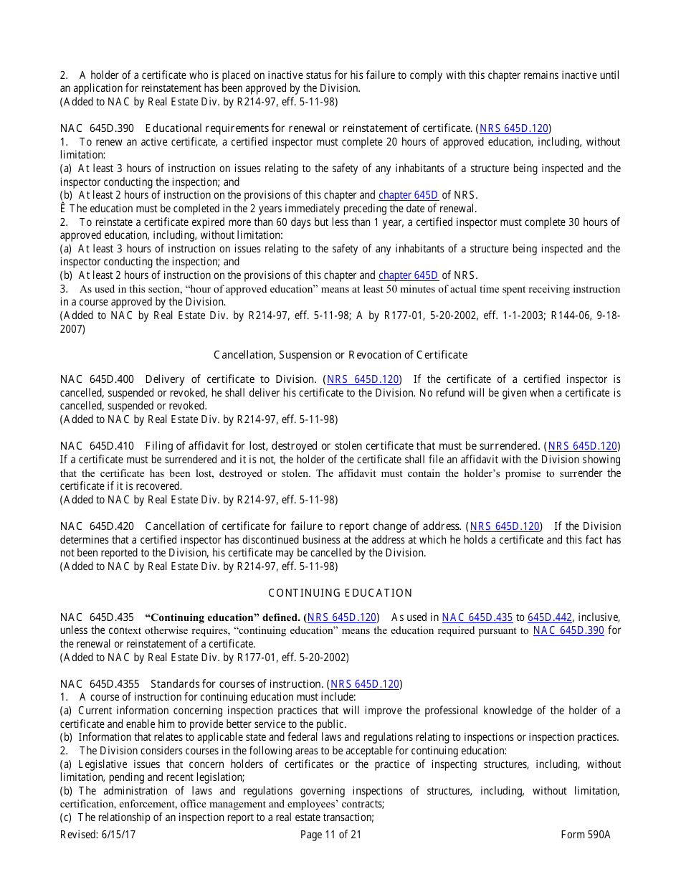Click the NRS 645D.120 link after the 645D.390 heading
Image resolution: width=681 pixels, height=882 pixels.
[514, 128]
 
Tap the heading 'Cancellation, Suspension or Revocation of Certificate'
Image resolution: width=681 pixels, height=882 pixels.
[340, 355]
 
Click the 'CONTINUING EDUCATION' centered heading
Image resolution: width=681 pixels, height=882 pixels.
[340, 593]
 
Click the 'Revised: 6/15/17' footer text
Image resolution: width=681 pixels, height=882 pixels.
[97, 835]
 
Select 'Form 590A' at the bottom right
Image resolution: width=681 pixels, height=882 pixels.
[586, 835]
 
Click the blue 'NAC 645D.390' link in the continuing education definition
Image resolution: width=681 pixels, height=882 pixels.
[568, 630]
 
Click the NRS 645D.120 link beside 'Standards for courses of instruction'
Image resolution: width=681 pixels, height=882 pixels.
[365, 684]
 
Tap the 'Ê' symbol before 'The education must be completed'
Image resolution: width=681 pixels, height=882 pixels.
[63, 209]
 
